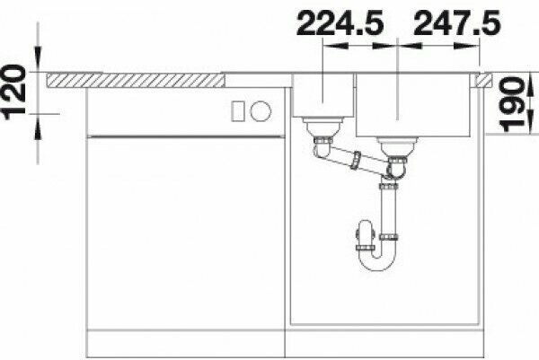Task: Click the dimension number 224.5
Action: [340, 23]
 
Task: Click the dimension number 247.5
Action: [457, 23]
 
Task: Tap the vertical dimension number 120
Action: [14, 92]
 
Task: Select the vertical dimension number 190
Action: [513, 104]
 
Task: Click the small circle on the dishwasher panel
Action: [261, 111]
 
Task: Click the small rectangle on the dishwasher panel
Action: [238, 111]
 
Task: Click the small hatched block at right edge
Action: [484, 80]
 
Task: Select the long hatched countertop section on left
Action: [136, 80]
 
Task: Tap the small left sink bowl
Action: [323, 95]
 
